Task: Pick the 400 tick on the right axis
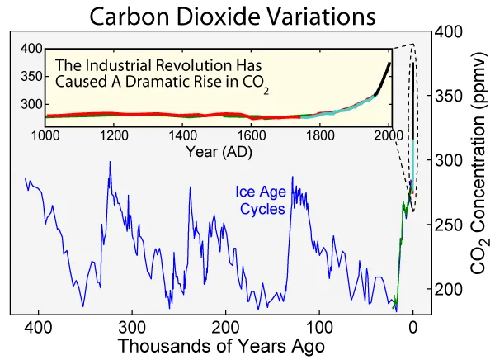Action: (x=450, y=31)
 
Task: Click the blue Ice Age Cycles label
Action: (x=262, y=201)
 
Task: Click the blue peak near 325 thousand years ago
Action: (x=109, y=163)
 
